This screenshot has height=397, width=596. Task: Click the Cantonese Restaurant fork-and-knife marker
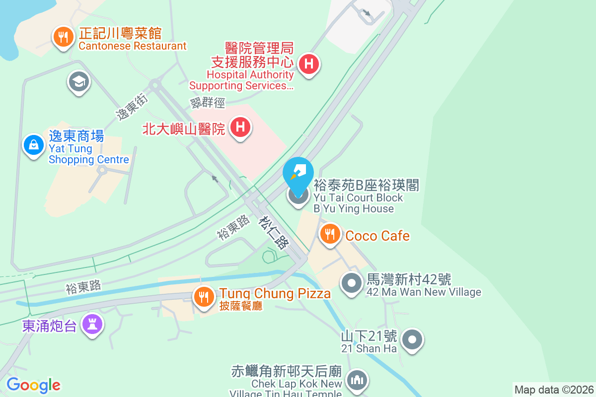pyautogui.click(x=63, y=37)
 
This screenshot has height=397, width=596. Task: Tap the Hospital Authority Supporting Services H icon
pyautogui.click(x=309, y=64)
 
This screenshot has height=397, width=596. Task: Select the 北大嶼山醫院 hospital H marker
pyautogui.click(x=240, y=128)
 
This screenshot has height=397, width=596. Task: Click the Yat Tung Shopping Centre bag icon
pyautogui.click(x=33, y=145)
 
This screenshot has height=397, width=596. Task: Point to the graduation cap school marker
pyautogui.click(x=79, y=81)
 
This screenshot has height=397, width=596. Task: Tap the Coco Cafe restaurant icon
pyautogui.click(x=330, y=234)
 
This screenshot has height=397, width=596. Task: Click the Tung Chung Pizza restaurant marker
pyautogui.click(x=203, y=297)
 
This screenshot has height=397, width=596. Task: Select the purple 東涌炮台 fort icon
pyautogui.click(x=91, y=325)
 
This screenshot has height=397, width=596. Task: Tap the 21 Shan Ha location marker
pyautogui.click(x=412, y=340)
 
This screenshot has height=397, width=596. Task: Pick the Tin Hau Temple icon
pyautogui.click(x=357, y=380)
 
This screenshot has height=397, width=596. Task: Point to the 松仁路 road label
pyautogui.click(x=274, y=232)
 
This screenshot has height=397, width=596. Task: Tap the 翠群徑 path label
pyautogui.click(x=208, y=103)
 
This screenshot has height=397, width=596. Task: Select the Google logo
pyautogui.click(x=33, y=385)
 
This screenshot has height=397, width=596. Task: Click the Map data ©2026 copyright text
pyautogui.click(x=554, y=390)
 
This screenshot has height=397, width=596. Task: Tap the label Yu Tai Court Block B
pyautogui.click(x=358, y=198)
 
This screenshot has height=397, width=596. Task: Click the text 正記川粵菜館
pyautogui.click(x=120, y=34)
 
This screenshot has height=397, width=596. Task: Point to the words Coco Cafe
pyautogui.click(x=377, y=235)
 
